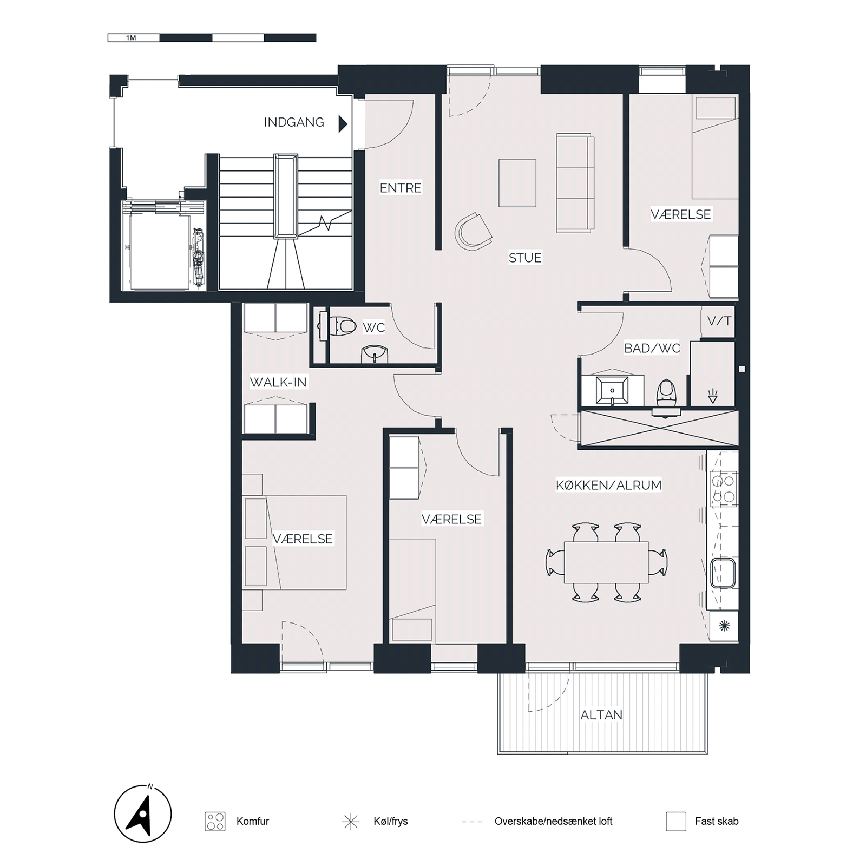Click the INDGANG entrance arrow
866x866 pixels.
pos(343,124)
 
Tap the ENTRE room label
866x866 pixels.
pos(401,188)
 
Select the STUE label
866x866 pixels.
pos(525,258)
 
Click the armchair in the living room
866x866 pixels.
pos(473,231)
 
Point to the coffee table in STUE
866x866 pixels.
pos(517,183)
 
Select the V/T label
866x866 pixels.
pos(719,321)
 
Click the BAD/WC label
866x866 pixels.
pos(652,348)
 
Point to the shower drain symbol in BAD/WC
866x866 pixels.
pos(713,396)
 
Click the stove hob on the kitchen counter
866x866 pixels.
pos(724,489)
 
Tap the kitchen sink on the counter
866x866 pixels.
pos(723,573)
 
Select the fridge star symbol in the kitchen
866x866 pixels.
pos(724,626)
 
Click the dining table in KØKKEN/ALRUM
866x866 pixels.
pos(606,562)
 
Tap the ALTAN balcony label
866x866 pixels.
pos(601,715)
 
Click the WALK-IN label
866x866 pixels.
pos(278,382)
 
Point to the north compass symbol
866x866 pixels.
pos(143,814)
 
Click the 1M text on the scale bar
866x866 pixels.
pos(131,38)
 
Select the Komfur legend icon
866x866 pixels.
pos(215,821)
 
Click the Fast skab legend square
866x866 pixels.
pos(676,821)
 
